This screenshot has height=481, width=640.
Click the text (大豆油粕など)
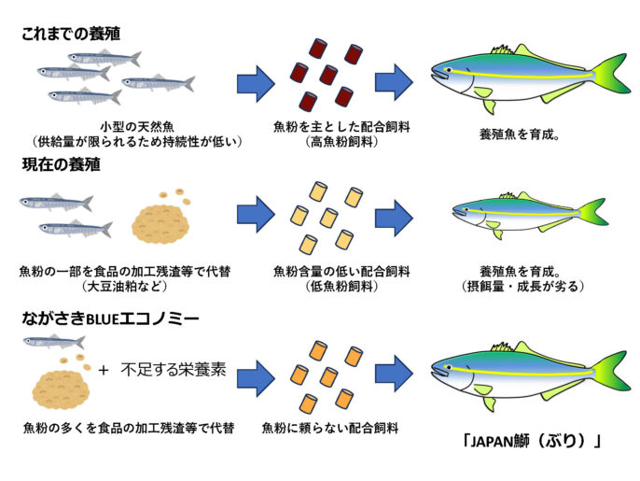pyautogui.click(x=126, y=287)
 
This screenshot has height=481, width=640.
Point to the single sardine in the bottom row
pyautogui.click(x=54, y=344)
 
